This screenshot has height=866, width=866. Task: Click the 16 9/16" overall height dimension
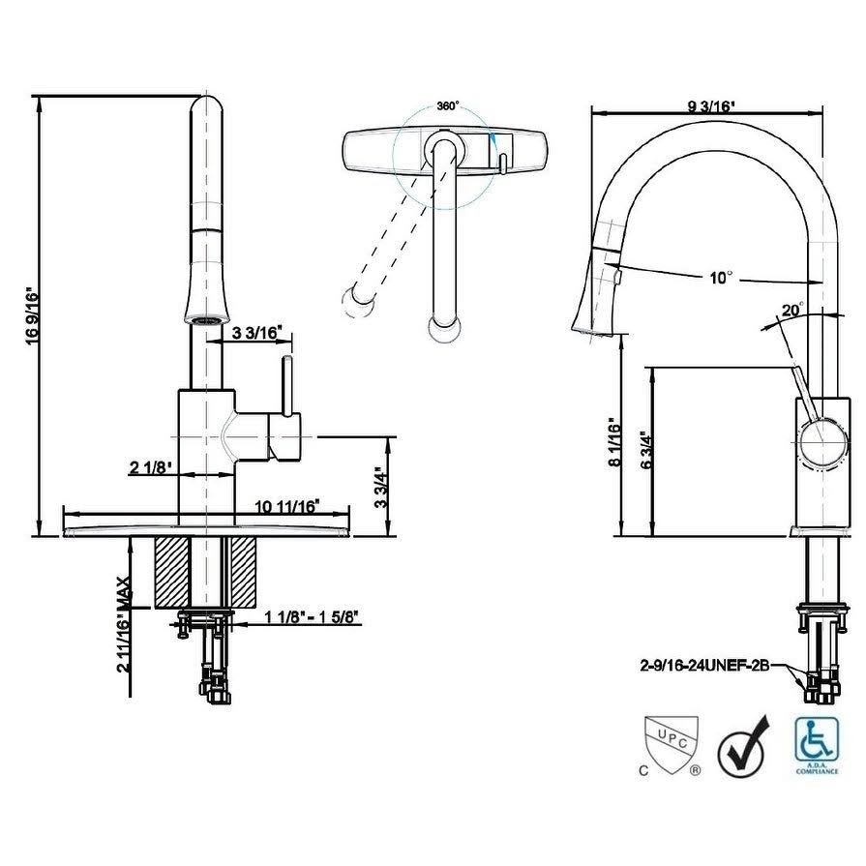coord(33,315)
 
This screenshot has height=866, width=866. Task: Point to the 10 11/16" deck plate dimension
coord(286,506)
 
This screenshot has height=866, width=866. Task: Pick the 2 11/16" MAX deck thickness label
coord(124,624)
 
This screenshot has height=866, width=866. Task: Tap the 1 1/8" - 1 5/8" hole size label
coord(312,616)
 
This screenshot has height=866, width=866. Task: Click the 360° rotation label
coord(448,105)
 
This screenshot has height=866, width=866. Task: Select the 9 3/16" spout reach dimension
coord(712,105)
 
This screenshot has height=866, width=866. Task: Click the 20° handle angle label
coord(793,310)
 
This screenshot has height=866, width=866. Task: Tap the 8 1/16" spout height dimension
coord(615,442)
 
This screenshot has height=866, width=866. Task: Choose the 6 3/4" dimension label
coord(646,449)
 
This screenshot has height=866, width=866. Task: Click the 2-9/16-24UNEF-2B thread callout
coord(704,666)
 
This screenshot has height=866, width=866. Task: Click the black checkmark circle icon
coord(743,747)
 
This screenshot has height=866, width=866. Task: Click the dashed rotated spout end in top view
coord(358,302)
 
